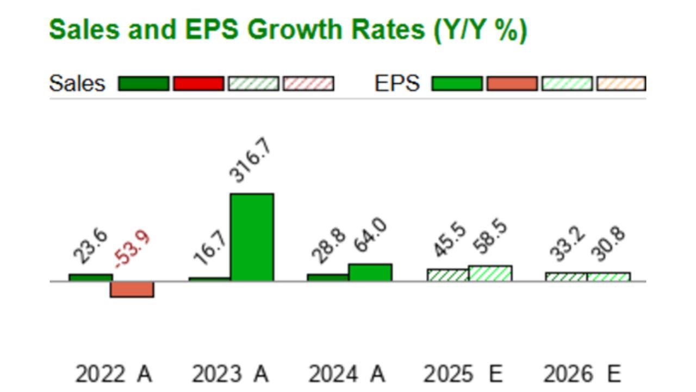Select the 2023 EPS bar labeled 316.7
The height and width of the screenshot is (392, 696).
252,237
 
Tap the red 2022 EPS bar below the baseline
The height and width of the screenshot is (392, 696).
132,289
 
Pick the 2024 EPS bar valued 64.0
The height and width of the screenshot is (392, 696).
370,272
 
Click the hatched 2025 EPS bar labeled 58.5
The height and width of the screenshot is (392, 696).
490,273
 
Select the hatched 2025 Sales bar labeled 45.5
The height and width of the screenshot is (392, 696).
448,275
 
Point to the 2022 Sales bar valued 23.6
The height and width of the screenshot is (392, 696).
90,278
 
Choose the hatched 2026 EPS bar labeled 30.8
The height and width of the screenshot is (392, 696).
608,277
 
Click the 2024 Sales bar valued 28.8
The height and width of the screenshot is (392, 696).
328,278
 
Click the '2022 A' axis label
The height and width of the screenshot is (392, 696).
114,375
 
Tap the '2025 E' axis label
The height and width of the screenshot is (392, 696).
463,375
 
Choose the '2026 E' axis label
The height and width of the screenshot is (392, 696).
581,375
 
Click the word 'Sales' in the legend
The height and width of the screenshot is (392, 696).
77,83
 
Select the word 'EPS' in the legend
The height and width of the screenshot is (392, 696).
397,83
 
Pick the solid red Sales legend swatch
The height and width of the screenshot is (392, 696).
198,83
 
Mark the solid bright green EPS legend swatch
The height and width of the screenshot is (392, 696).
457,83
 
